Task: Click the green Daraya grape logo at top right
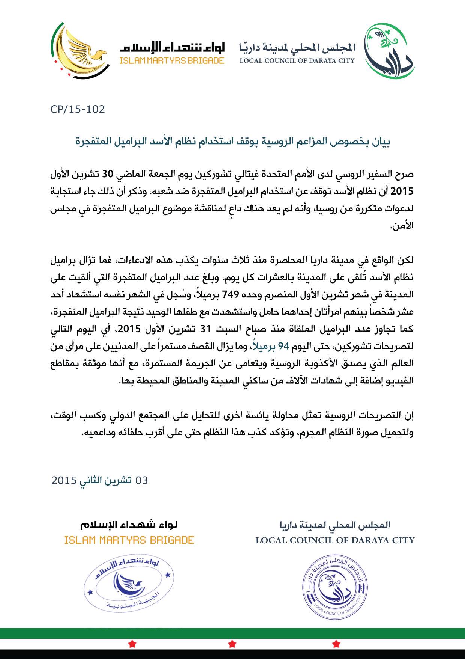click(390, 51)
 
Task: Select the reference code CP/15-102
click(78, 109)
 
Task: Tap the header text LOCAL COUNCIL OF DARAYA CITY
click(297, 60)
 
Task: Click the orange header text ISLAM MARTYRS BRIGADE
click(172, 60)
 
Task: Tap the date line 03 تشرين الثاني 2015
click(100, 480)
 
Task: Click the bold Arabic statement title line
click(232, 142)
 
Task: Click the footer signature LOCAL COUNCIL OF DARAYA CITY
click(335, 540)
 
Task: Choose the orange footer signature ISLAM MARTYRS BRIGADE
click(129, 540)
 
